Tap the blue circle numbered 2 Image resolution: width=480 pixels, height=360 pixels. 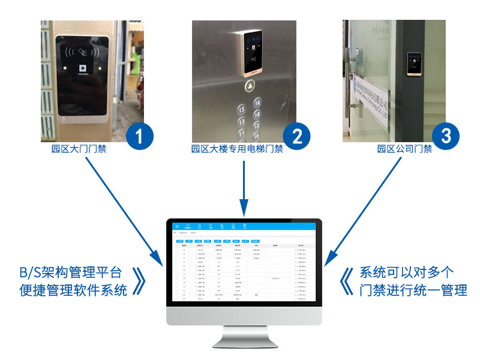click(296, 136)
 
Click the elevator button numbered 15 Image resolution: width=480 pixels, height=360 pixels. click(242, 110)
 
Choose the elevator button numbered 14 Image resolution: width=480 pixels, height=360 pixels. click(242, 121)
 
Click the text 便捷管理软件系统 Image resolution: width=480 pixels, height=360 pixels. click(73, 291)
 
